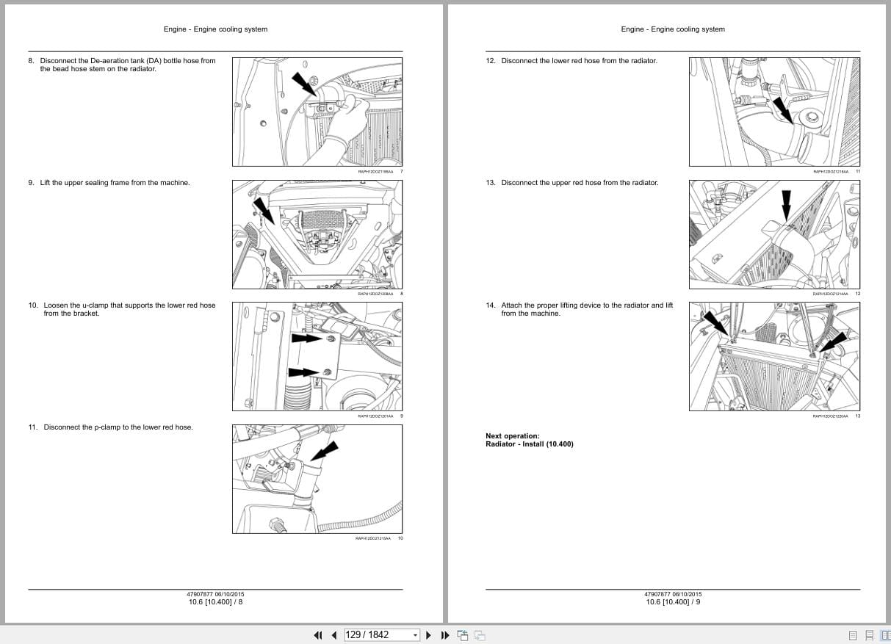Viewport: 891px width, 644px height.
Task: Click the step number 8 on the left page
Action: pyautogui.click(x=31, y=61)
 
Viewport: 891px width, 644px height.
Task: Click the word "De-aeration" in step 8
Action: pyautogui.click(x=90, y=61)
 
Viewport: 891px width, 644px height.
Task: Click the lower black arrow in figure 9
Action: pyautogui.click(x=303, y=372)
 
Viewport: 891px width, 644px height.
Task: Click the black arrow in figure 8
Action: pyautogui.click(x=261, y=209)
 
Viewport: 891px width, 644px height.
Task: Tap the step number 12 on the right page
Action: pyautogui.click(x=491, y=61)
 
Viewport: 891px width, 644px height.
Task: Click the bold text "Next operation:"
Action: pyautogui.click(x=512, y=436)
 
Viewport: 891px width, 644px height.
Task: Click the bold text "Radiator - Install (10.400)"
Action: pyautogui.click(x=529, y=444)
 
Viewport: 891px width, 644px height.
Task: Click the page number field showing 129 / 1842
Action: pyautogui.click(x=378, y=634)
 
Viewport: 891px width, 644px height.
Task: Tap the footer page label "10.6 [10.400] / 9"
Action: pyautogui.click(x=673, y=602)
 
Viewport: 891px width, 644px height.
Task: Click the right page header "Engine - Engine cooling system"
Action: pyautogui.click(x=672, y=29)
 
